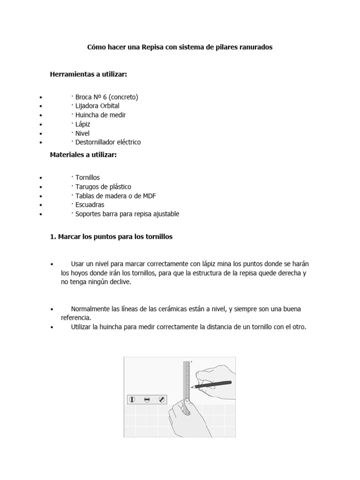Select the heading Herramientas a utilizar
tap(89, 75)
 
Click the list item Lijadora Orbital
tap(97, 106)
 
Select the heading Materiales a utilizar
tap(83, 155)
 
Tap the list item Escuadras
tap(90, 205)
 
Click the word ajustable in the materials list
tap(165, 214)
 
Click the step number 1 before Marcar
tap(52, 237)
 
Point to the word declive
tap(120, 282)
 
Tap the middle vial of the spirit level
tap(147, 399)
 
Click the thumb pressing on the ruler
tap(186, 402)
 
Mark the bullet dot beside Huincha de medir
tap(41, 115)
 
